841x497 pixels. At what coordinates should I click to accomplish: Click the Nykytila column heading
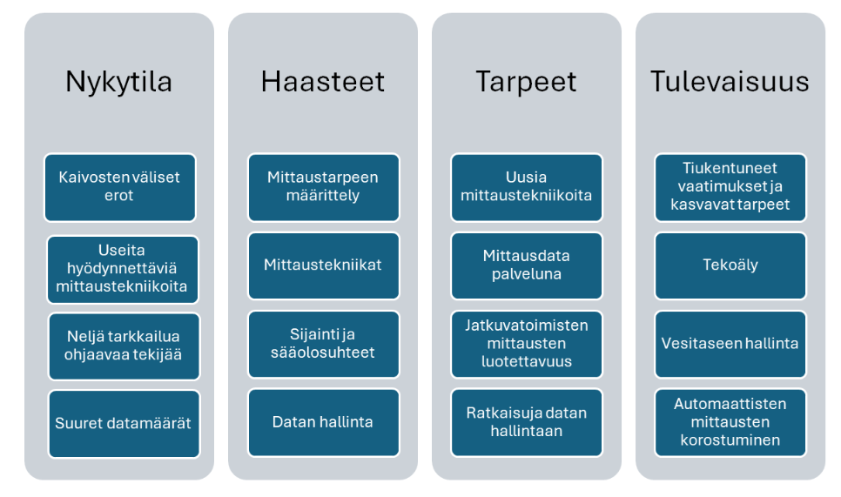point(118,82)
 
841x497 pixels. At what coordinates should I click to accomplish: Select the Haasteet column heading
point(322,82)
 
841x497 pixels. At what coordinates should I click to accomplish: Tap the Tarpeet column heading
point(526,82)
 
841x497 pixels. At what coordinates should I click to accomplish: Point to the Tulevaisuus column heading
point(730,82)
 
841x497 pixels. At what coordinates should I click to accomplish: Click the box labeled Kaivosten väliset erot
point(119,187)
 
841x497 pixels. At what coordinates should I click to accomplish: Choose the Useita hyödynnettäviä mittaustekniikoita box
point(123,270)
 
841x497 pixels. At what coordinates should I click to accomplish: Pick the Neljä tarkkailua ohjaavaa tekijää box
point(124,346)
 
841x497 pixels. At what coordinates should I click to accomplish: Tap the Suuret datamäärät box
point(124,424)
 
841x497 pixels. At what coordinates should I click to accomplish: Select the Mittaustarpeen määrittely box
point(323,187)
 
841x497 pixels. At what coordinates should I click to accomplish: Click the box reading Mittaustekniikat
point(323,265)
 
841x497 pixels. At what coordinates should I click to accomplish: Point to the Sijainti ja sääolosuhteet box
point(323,344)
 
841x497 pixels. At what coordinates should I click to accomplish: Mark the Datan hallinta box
point(323,422)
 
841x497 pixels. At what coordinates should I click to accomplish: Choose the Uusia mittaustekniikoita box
point(527,187)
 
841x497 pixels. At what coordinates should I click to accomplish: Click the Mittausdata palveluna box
point(527,265)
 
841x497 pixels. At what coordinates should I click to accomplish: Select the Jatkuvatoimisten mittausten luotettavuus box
point(527,344)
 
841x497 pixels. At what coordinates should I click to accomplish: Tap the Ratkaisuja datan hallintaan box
point(527,422)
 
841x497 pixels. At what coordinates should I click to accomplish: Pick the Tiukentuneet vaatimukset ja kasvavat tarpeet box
point(730,187)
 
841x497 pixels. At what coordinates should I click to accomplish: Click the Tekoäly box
point(730,265)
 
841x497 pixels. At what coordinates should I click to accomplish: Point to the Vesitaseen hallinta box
point(730,344)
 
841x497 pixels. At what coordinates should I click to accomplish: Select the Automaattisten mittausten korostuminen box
point(730,422)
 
